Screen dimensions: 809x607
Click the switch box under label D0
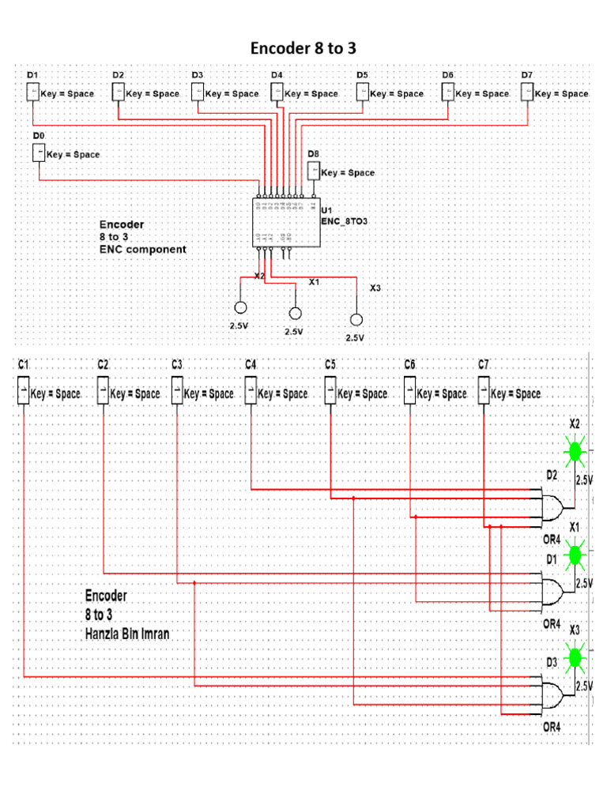(x=39, y=153)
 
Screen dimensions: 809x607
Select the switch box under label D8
(x=313, y=170)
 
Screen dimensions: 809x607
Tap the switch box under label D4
(x=277, y=92)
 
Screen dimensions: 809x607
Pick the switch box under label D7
(x=527, y=92)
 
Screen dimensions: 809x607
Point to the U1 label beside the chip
(x=326, y=210)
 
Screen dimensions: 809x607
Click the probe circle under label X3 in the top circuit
(x=356, y=319)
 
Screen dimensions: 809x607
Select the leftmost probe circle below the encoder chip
(x=240, y=307)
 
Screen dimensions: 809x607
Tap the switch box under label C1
(x=23, y=391)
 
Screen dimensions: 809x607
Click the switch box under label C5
(x=330, y=391)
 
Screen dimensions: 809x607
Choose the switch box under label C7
(x=483, y=391)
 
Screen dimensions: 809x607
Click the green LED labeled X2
(x=574, y=451)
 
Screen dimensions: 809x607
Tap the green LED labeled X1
(x=574, y=556)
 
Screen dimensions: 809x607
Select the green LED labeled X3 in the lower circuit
(x=574, y=657)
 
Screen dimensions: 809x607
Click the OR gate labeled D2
(x=553, y=506)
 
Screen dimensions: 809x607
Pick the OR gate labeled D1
(x=553, y=589)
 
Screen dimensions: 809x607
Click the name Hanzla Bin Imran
(x=126, y=633)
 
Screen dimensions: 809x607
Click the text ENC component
(x=142, y=249)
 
